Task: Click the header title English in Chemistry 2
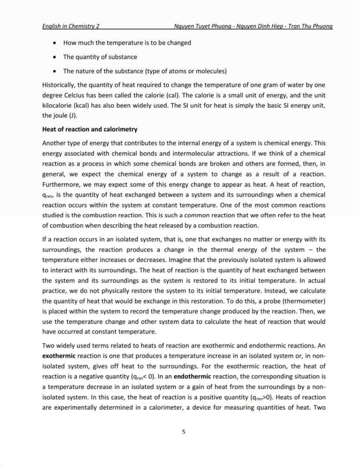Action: tap(71, 26)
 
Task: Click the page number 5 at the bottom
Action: tap(184, 432)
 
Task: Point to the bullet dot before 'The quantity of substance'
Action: tap(55, 57)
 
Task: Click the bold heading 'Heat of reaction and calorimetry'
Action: tap(90, 129)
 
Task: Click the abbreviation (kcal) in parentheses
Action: tap(81, 105)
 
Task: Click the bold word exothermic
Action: tap(59, 356)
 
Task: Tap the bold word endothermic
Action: tap(192, 376)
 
